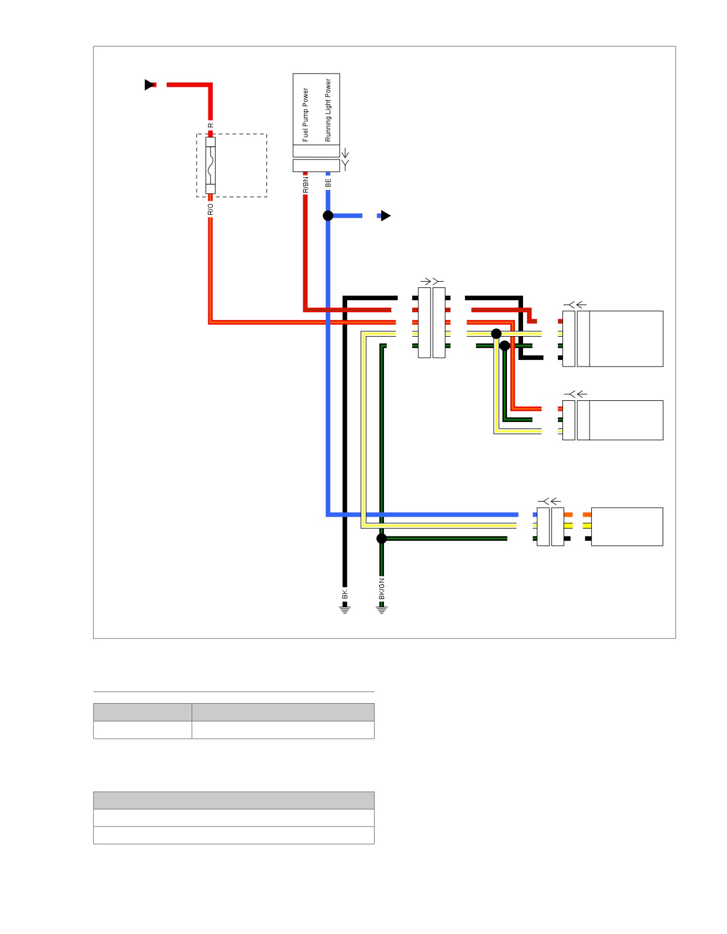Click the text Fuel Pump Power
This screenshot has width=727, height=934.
tap(305, 115)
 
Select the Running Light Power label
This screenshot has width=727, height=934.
tap(328, 110)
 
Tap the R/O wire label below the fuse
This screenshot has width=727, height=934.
tap(210, 209)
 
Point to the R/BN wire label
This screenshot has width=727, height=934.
tap(305, 185)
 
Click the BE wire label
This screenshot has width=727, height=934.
tap(328, 182)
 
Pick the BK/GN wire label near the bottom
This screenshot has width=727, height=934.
tap(381, 589)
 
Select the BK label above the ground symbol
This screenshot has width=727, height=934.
tap(345, 595)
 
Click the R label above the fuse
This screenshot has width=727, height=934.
tap(210, 126)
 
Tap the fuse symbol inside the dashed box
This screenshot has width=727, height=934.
tap(211, 165)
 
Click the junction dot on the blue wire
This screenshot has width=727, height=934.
tap(328, 215)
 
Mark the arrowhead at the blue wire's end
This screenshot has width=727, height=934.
tap(386, 215)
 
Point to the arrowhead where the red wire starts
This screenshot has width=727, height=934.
tap(150, 85)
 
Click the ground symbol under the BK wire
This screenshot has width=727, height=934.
tap(345, 610)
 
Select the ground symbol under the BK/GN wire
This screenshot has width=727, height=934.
tap(381, 610)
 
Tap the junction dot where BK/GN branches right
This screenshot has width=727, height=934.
tap(381, 538)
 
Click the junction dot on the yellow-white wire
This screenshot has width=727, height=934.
tap(496, 333)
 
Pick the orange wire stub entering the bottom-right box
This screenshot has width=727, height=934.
tap(587, 515)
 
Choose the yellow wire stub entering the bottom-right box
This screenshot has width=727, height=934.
tap(587, 526)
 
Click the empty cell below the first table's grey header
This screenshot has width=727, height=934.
tap(142, 730)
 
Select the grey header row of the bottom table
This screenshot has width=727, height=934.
tap(234, 801)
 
